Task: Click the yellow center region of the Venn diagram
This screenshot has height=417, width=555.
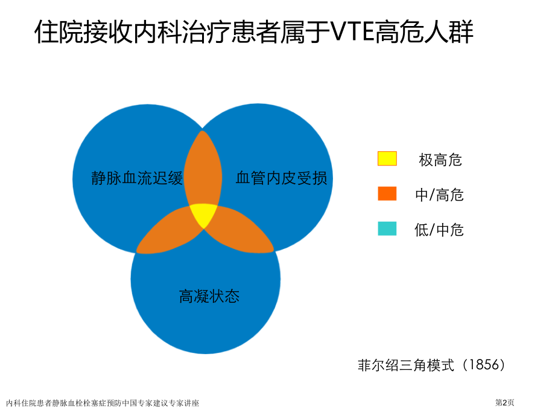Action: (203, 215)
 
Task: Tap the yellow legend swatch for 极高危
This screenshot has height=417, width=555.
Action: (387, 158)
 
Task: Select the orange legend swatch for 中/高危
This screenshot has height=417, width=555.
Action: (387, 193)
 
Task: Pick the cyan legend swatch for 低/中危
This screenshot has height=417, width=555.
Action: (387, 228)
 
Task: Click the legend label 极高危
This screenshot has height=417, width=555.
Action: (440, 160)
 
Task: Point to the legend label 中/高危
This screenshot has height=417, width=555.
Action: (440, 195)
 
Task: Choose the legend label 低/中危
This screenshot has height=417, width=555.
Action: (440, 230)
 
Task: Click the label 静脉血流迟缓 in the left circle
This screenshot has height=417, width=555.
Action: (137, 179)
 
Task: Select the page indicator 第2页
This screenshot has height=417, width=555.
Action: (505, 402)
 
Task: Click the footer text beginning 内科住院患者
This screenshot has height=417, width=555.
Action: (103, 402)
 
